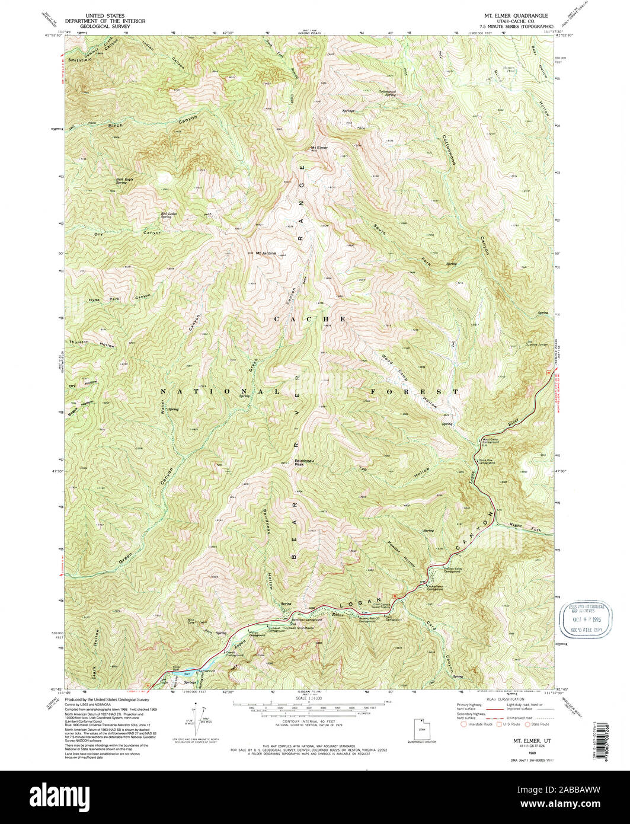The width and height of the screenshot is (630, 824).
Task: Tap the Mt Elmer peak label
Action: coord(319,148)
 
